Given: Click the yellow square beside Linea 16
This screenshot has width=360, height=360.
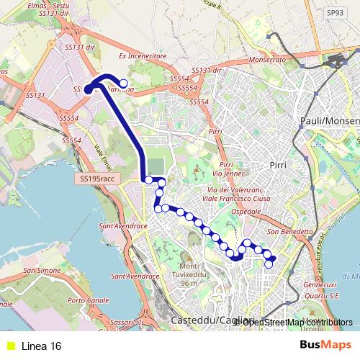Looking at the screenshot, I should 11,346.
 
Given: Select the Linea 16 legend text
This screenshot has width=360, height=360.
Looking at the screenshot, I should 41,346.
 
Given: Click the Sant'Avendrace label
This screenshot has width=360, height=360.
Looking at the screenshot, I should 125,225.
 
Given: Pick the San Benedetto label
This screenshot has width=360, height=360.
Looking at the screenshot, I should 290,232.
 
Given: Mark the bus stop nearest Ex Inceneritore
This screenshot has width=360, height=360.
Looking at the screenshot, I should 123,83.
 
